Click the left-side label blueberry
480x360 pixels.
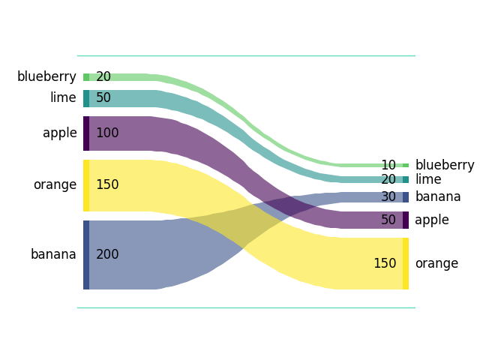[46, 76]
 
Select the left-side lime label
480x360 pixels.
[63, 98]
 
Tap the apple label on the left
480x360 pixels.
[60, 133]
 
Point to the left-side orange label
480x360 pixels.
[55, 184]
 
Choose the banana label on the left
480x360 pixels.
[53, 254]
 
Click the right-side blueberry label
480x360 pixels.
[445, 165]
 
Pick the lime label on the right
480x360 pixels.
[428, 179]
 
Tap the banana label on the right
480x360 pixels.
[438, 196]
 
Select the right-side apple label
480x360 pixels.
[432, 220]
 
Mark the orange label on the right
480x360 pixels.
[436, 263]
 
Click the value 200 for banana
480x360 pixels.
[107, 254]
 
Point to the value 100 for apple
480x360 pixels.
[107, 133]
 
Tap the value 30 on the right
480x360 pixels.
[388, 196]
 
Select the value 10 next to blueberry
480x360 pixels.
[388, 165]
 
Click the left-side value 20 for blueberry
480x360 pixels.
[103, 76]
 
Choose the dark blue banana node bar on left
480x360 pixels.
[86, 254]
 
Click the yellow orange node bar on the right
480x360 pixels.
[406, 263]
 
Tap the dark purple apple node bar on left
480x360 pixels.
[86, 133]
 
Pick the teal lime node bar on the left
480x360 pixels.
[86, 98]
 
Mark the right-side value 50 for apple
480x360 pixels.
[388, 220]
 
